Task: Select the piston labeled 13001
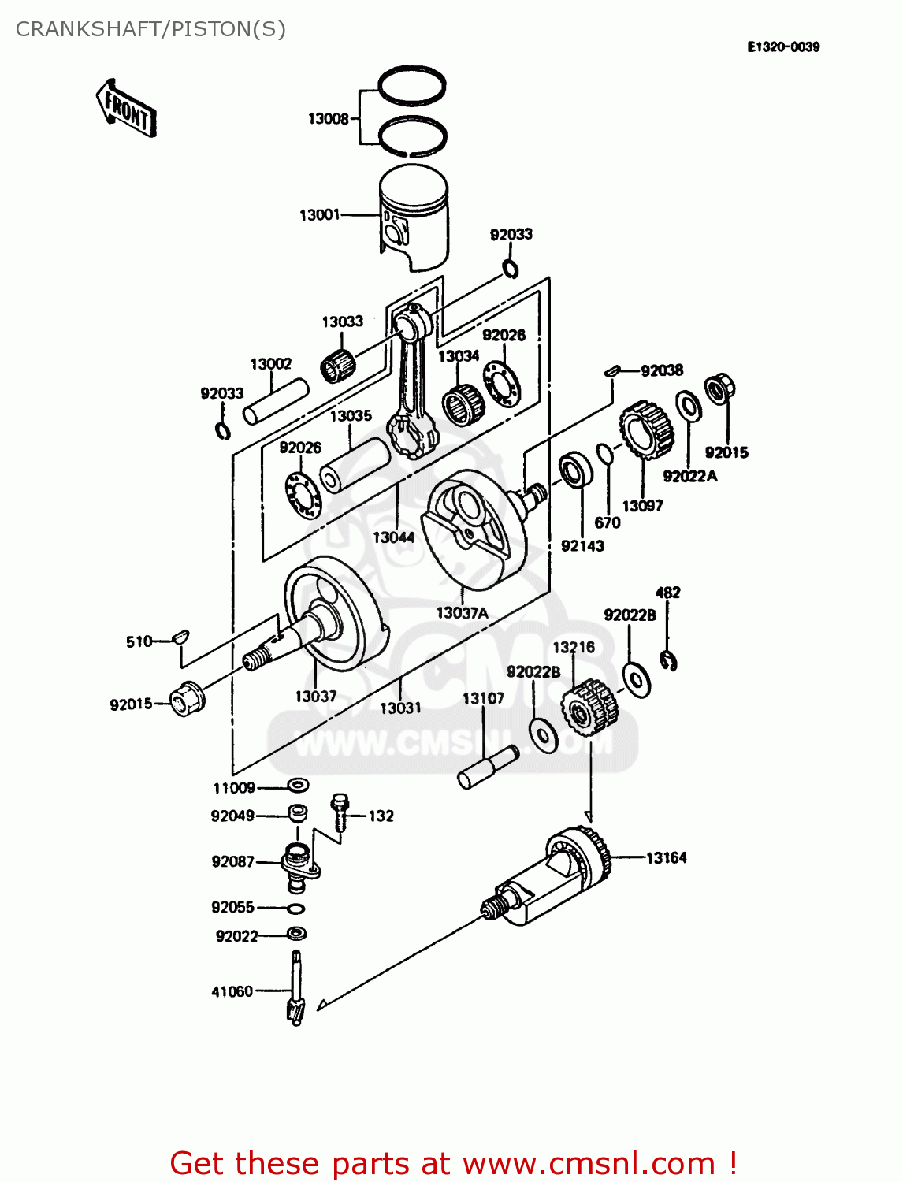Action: coord(414,217)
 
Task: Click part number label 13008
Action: coord(328,119)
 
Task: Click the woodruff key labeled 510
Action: coord(180,636)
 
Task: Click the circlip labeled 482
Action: coord(669,660)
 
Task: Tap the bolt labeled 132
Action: coord(340,812)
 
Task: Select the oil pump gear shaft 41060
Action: coord(295,988)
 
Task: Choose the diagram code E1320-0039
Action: coord(783,47)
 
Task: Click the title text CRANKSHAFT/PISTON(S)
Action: coord(150,29)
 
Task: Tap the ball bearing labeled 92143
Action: coord(575,470)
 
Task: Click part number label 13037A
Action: coord(462,612)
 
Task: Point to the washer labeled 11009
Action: coord(297,785)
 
